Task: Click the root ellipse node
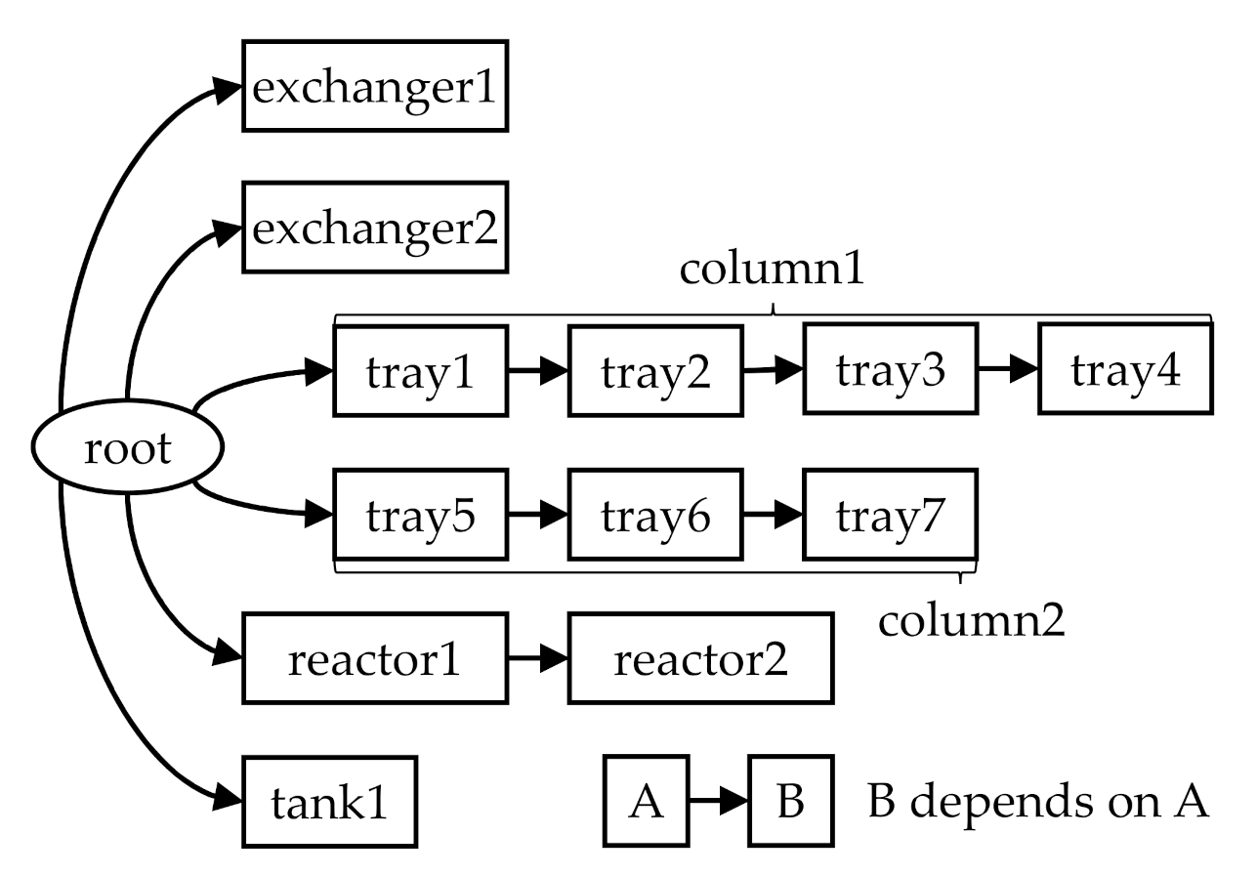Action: tap(128, 449)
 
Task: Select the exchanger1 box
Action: tap(375, 86)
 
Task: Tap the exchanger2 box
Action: tap(375, 228)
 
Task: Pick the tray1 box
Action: tap(420, 372)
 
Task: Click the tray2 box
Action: tap(655, 372)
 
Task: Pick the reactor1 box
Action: tap(375, 658)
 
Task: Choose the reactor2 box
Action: tap(700, 658)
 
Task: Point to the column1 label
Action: tap(772, 270)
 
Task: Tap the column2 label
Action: tap(971, 619)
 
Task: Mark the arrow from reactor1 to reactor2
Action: tap(538, 658)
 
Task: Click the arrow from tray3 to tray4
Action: tap(1007, 370)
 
